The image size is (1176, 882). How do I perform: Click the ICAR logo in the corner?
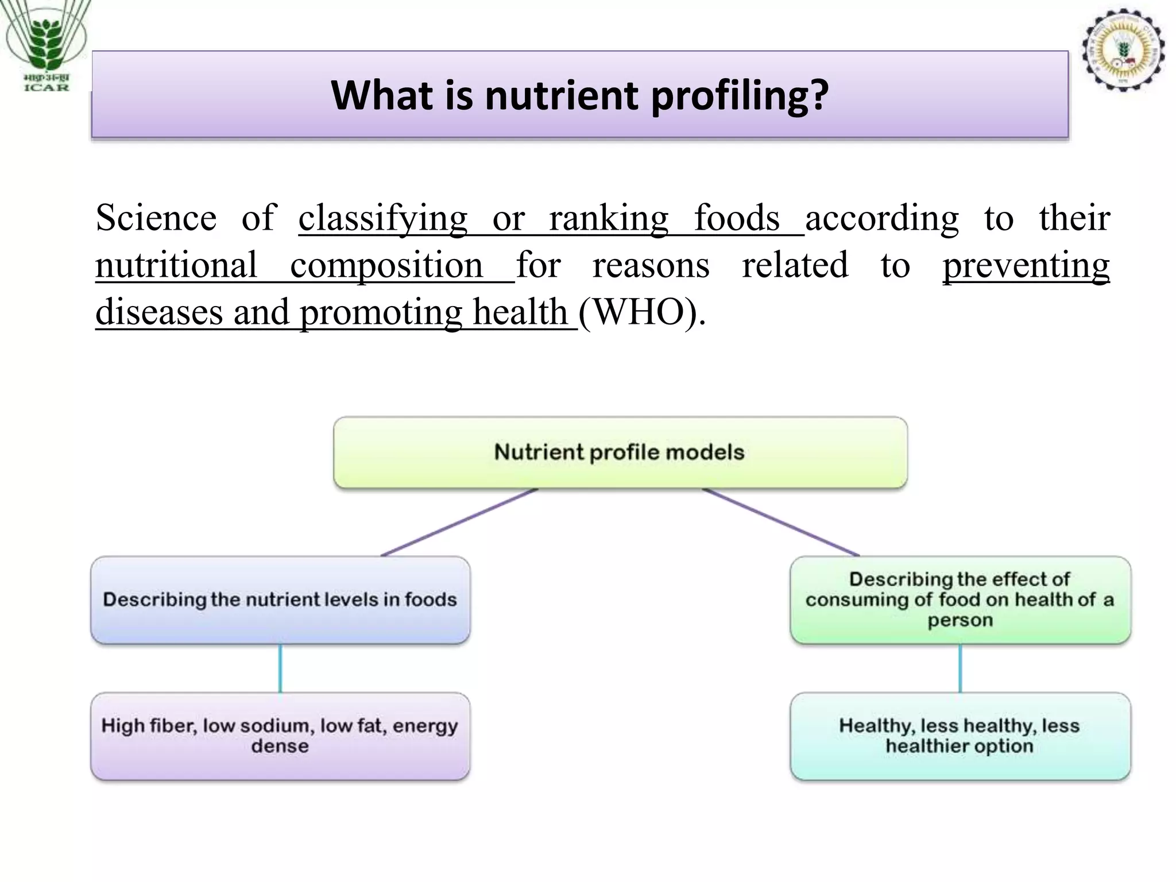(x=46, y=46)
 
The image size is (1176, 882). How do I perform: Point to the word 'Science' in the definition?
(x=156, y=218)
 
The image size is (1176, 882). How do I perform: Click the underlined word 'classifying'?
(x=383, y=218)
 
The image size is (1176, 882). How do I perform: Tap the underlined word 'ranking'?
(x=609, y=218)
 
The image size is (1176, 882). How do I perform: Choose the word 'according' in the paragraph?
(x=882, y=218)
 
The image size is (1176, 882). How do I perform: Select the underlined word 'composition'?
(x=386, y=265)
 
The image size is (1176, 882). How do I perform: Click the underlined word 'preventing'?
(x=1026, y=265)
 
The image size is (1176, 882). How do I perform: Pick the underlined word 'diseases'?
(x=159, y=312)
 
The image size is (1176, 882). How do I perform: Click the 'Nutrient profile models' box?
(x=620, y=452)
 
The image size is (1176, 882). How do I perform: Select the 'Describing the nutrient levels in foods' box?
(x=280, y=599)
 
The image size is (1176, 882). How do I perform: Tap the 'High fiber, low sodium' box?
(x=280, y=736)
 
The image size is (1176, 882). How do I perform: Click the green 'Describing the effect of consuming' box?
(x=960, y=599)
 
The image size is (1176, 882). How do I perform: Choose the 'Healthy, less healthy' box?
(x=960, y=736)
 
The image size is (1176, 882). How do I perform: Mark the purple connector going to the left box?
(x=459, y=522)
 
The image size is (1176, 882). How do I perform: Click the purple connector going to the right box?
(x=781, y=522)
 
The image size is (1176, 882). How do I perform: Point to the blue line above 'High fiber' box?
(x=280, y=668)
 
